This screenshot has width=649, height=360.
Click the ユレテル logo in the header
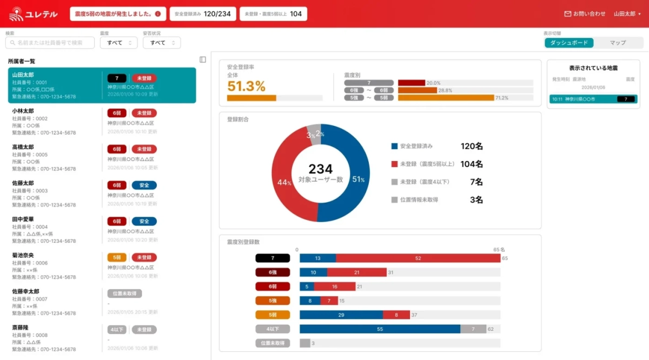(x=34, y=14)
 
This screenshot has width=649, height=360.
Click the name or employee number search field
(x=50, y=43)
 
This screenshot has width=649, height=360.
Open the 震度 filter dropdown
(x=118, y=43)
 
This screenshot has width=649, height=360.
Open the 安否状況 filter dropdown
(x=162, y=43)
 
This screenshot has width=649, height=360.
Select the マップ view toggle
(x=617, y=43)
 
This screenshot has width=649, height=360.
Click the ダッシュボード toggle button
(x=569, y=43)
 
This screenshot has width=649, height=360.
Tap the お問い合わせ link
(x=585, y=14)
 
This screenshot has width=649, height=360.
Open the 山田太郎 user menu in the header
(x=627, y=14)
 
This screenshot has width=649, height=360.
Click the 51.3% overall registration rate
(x=246, y=86)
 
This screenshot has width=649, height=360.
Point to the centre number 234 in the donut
(x=320, y=169)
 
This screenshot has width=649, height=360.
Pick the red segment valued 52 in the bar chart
(x=418, y=258)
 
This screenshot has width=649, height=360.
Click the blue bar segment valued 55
(x=380, y=329)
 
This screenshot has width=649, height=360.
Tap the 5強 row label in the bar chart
(x=273, y=301)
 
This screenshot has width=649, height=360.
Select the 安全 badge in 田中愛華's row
(x=144, y=221)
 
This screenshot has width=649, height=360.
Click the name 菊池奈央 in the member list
(x=23, y=255)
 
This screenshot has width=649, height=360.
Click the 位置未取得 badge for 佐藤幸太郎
(x=125, y=294)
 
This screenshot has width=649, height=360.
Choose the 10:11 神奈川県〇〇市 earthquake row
(x=593, y=99)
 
